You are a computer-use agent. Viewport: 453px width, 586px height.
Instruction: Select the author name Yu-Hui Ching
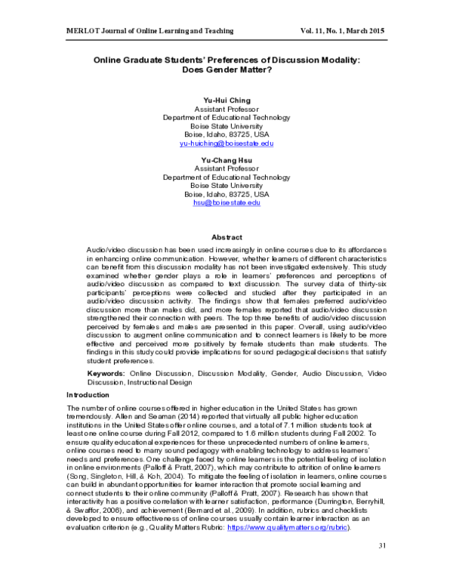[226, 100]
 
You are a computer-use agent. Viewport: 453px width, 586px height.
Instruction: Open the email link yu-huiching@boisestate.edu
[226, 143]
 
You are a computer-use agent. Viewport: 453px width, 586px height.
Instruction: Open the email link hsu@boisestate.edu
[226, 203]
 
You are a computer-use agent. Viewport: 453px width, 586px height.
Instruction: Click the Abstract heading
[226, 236]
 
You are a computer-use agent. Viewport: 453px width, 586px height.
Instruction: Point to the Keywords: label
[105, 373]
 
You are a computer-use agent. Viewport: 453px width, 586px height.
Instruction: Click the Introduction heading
[88, 395]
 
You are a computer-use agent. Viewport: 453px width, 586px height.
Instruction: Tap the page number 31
[381, 566]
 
